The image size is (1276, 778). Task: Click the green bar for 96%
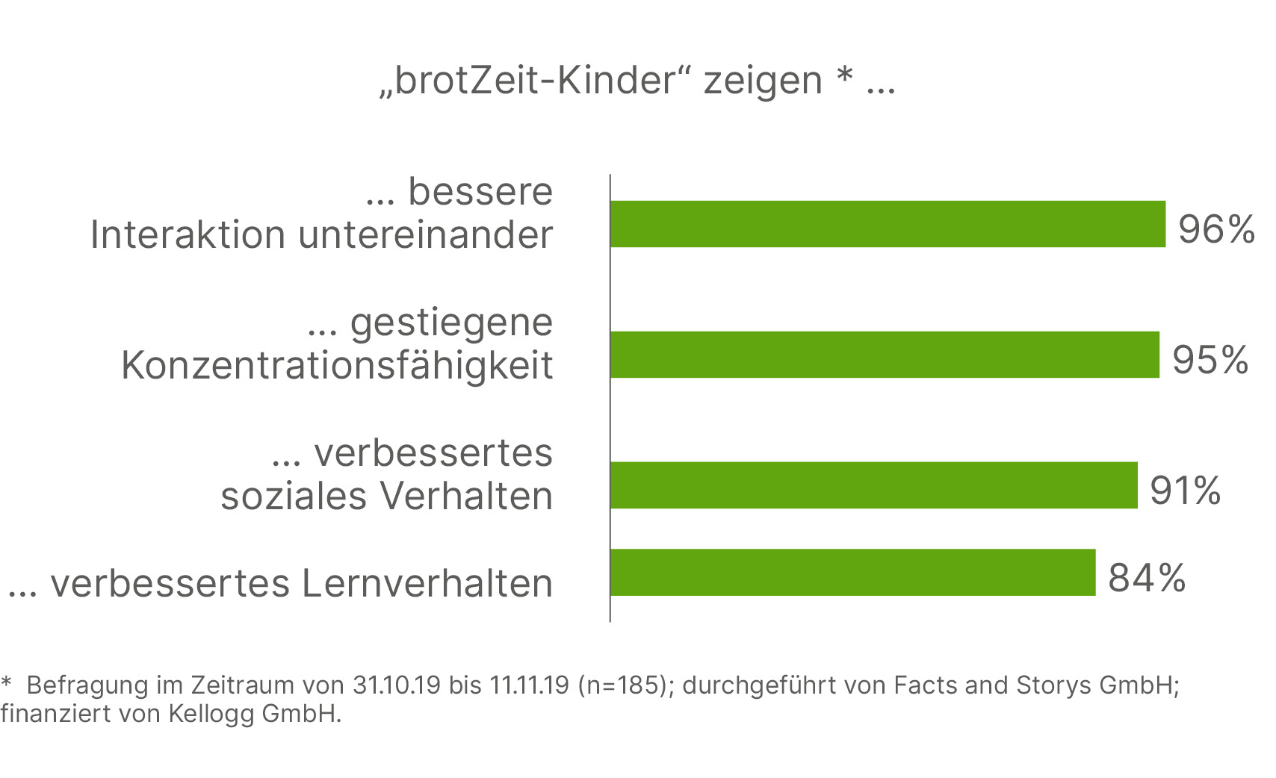point(888,224)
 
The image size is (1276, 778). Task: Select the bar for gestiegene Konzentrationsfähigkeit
point(885,355)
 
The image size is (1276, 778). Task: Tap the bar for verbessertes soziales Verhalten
point(874,485)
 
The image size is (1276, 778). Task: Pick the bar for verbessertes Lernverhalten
point(852,573)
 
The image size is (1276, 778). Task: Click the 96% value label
point(1216,229)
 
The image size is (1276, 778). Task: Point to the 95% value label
point(1210,360)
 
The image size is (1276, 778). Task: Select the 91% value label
point(1185,491)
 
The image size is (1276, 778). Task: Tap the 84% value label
point(1147,578)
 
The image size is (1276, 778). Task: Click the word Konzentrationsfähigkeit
point(337,366)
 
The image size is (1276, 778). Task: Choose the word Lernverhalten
point(427,584)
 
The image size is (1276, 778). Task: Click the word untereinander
point(426,235)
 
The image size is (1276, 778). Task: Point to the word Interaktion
point(188,235)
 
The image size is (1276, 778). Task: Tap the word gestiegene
point(451,323)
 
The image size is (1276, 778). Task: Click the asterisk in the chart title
point(844,75)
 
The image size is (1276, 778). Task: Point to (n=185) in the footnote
point(622,685)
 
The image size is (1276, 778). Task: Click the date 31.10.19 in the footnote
point(396,685)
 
